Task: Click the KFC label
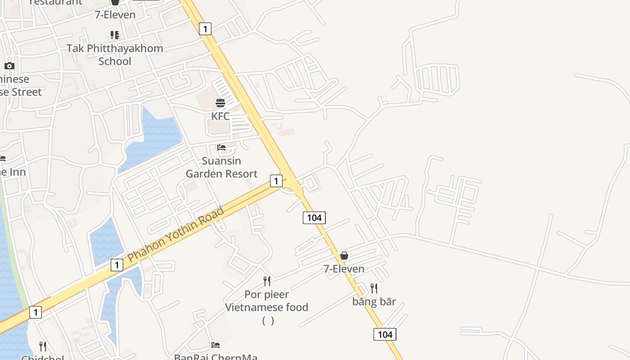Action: (x=220, y=116)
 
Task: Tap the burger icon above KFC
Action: (x=220, y=103)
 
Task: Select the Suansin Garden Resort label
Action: (x=221, y=167)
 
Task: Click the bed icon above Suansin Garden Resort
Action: (x=221, y=147)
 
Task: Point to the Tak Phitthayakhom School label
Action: (x=115, y=54)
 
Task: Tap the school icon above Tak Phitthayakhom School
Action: (x=115, y=35)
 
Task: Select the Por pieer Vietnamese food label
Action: (x=267, y=301)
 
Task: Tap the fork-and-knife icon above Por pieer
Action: (x=267, y=281)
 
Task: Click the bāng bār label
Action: (x=374, y=301)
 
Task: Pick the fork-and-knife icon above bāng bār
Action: (x=374, y=288)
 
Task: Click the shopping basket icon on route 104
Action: (x=344, y=256)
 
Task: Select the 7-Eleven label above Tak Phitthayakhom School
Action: (x=115, y=15)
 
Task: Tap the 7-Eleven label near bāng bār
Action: (x=344, y=269)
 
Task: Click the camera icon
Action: (x=9, y=66)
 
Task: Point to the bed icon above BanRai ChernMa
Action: (x=216, y=345)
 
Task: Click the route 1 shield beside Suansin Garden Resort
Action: (x=276, y=181)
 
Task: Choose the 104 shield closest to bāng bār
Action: (x=385, y=334)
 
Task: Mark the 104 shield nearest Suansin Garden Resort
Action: (x=314, y=218)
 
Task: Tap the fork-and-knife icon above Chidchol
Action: (x=43, y=346)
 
